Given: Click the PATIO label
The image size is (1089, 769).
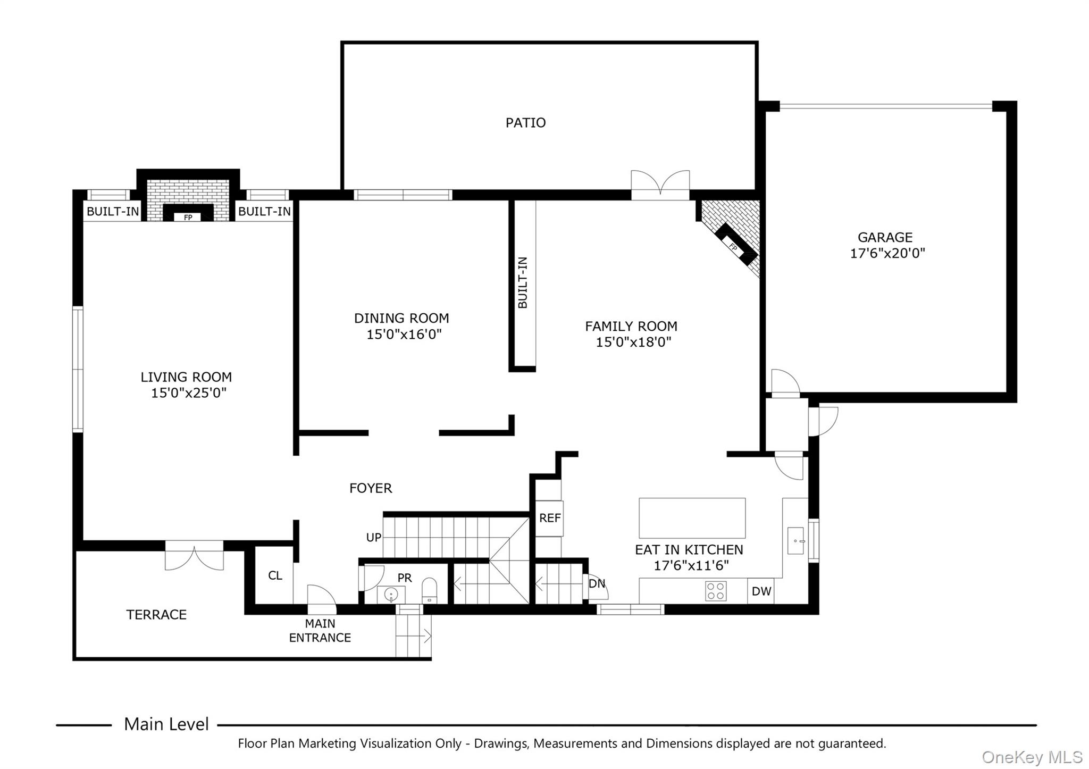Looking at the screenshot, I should pos(525,123).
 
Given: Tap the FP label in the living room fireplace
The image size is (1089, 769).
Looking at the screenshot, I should pos(188,218).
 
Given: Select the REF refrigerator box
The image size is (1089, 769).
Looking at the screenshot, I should pos(549,518).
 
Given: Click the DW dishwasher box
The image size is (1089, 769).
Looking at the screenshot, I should pos(761,591).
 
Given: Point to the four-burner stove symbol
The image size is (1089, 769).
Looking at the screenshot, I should pos(716,591).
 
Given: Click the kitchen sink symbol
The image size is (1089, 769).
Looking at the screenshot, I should pos(795,541).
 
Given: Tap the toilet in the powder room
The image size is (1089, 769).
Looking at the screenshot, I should pos(429,590).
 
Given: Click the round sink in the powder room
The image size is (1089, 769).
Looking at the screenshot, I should pos(391,594).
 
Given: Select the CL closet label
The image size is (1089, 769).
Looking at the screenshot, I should pos(275,575).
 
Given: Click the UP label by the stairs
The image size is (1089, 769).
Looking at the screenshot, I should pos(373,538).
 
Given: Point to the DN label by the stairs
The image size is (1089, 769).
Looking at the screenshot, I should pos(597,583).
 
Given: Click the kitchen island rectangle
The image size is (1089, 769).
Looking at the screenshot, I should pos(692,518).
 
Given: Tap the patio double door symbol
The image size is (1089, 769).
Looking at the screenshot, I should pos(660,185).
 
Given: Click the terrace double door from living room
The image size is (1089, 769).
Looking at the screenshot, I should pos(194,556).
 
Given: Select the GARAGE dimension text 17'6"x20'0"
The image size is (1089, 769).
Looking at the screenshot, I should pos(887,253).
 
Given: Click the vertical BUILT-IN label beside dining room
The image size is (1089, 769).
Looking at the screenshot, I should pos(523,282).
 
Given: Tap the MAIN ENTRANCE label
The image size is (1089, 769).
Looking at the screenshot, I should pos(320,630).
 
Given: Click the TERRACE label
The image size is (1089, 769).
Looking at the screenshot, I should pos(156,615).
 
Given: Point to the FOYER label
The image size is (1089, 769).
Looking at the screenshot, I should pos(371,488).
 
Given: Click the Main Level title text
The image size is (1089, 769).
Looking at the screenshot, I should pos(166,724).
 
